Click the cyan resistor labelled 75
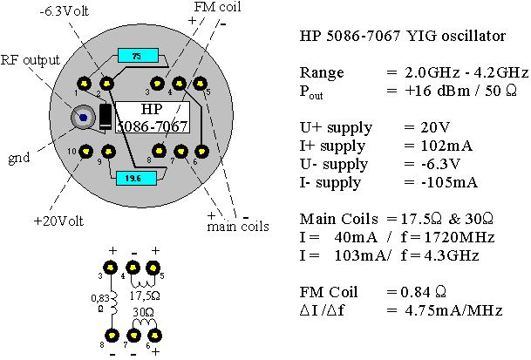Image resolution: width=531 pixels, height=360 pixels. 135,56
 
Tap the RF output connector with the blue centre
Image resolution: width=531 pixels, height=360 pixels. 83,116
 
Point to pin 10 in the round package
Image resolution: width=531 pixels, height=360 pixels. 85,152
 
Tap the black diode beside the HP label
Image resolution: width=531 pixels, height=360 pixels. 105,117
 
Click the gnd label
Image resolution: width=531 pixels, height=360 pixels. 19,159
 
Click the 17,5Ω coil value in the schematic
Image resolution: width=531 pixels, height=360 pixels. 151,295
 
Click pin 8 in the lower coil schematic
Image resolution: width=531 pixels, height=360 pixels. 111,334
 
